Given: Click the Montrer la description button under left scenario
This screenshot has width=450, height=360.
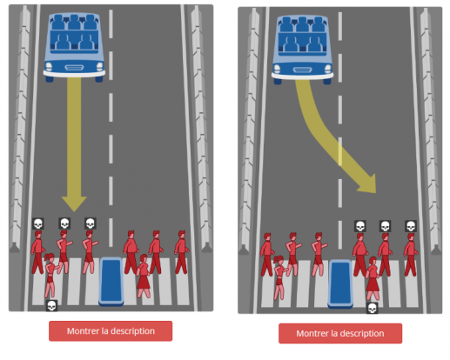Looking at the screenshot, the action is [111, 330].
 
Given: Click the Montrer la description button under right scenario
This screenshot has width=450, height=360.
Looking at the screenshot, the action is [340, 333].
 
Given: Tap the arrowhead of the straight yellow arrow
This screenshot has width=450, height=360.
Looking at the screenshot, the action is [74, 203].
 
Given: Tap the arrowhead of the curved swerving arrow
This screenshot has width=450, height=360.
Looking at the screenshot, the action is [368, 184].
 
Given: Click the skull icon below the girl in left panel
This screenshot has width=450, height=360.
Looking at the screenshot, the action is [51, 306].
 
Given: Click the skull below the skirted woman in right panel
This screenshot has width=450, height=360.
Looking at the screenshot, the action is [373, 308].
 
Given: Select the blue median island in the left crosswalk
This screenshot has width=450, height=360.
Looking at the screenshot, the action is [111, 281].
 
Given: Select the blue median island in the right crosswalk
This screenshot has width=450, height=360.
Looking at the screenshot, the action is [340, 283].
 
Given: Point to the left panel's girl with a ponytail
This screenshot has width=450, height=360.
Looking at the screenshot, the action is [50, 276].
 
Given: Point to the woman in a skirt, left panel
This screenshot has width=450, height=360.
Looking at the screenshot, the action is [144, 276].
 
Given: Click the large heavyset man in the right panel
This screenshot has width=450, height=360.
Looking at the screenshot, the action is [360, 255].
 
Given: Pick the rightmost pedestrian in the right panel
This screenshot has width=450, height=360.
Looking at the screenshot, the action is [411, 255].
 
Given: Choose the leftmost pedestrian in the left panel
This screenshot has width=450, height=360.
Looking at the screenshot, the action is [37, 252].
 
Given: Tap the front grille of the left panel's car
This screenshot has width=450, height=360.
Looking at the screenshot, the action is [74, 68].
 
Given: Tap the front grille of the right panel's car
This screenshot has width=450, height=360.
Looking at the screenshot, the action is [303, 70].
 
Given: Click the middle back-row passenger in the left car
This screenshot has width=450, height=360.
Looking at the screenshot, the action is [74, 23].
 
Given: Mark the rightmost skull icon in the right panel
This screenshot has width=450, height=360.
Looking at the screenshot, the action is [411, 226].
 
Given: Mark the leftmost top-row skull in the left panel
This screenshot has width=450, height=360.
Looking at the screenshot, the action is [38, 223].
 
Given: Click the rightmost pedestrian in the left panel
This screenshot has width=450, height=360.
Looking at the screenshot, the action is [182, 252].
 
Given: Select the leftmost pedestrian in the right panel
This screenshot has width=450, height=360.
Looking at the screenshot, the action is [267, 255].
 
